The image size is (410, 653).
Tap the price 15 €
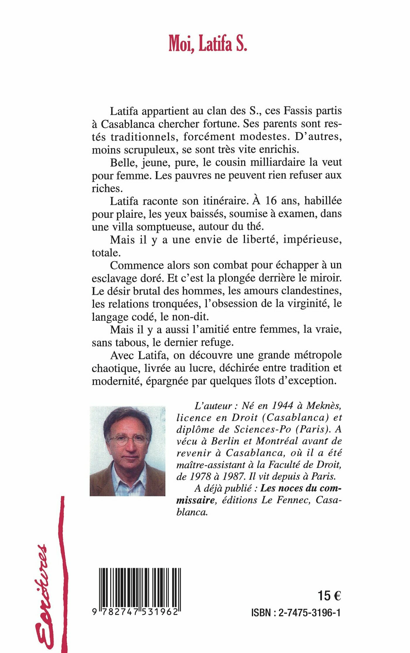pyautogui.click(x=329, y=596)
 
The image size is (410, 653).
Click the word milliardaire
pyautogui.click(x=274, y=162)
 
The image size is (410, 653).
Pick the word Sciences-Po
pyautogui.click(x=262, y=429)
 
